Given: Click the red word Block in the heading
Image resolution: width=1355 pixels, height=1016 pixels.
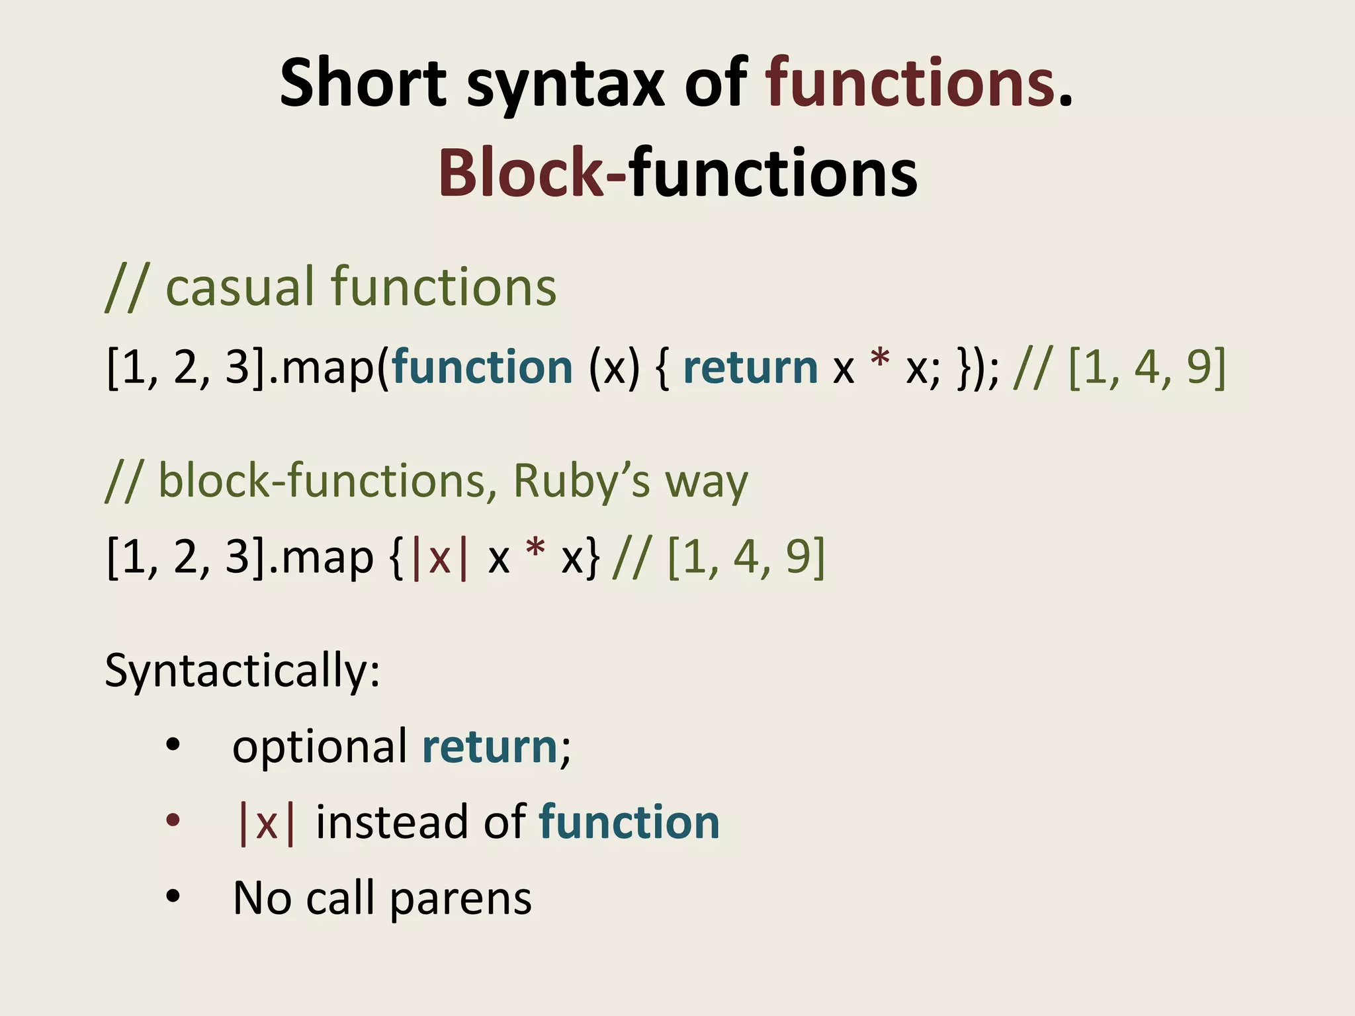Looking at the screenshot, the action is pyautogui.click(x=521, y=173).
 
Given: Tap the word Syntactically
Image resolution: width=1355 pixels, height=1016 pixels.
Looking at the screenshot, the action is pyautogui.click(x=242, y=672).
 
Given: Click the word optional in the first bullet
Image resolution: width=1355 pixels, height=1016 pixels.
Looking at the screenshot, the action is pyautogui.click(x=320, y=747).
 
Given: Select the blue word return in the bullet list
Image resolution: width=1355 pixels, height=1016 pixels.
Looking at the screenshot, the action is pyautogui.click(x=490, y=747).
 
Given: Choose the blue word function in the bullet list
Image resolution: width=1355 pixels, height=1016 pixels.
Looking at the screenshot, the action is pyautogui.click(x=629, y=822).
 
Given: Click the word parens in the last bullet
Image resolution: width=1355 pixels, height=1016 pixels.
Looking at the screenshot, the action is pyautogui.click(x=460, y=900).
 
